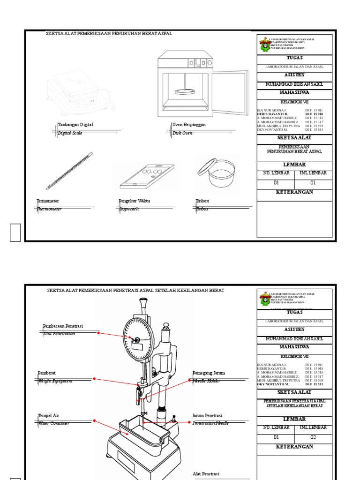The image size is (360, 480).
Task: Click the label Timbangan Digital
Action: coord(75,125)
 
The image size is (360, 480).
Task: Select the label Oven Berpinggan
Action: coord(189,125)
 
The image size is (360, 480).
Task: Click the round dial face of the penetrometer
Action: coord(139,339)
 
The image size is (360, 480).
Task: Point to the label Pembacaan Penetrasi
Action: coord(63,326)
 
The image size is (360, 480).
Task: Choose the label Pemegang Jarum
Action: coord(209,373)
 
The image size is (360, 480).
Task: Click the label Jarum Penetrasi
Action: coord(207,415)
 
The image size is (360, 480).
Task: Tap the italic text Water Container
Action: coord(53,423)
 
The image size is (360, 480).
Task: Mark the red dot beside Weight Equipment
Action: coord(94,378)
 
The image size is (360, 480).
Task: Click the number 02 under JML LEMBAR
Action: coord(314,437)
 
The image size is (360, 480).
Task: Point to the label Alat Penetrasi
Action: coord(206,474)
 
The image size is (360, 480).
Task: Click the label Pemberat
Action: coord(47,373)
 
